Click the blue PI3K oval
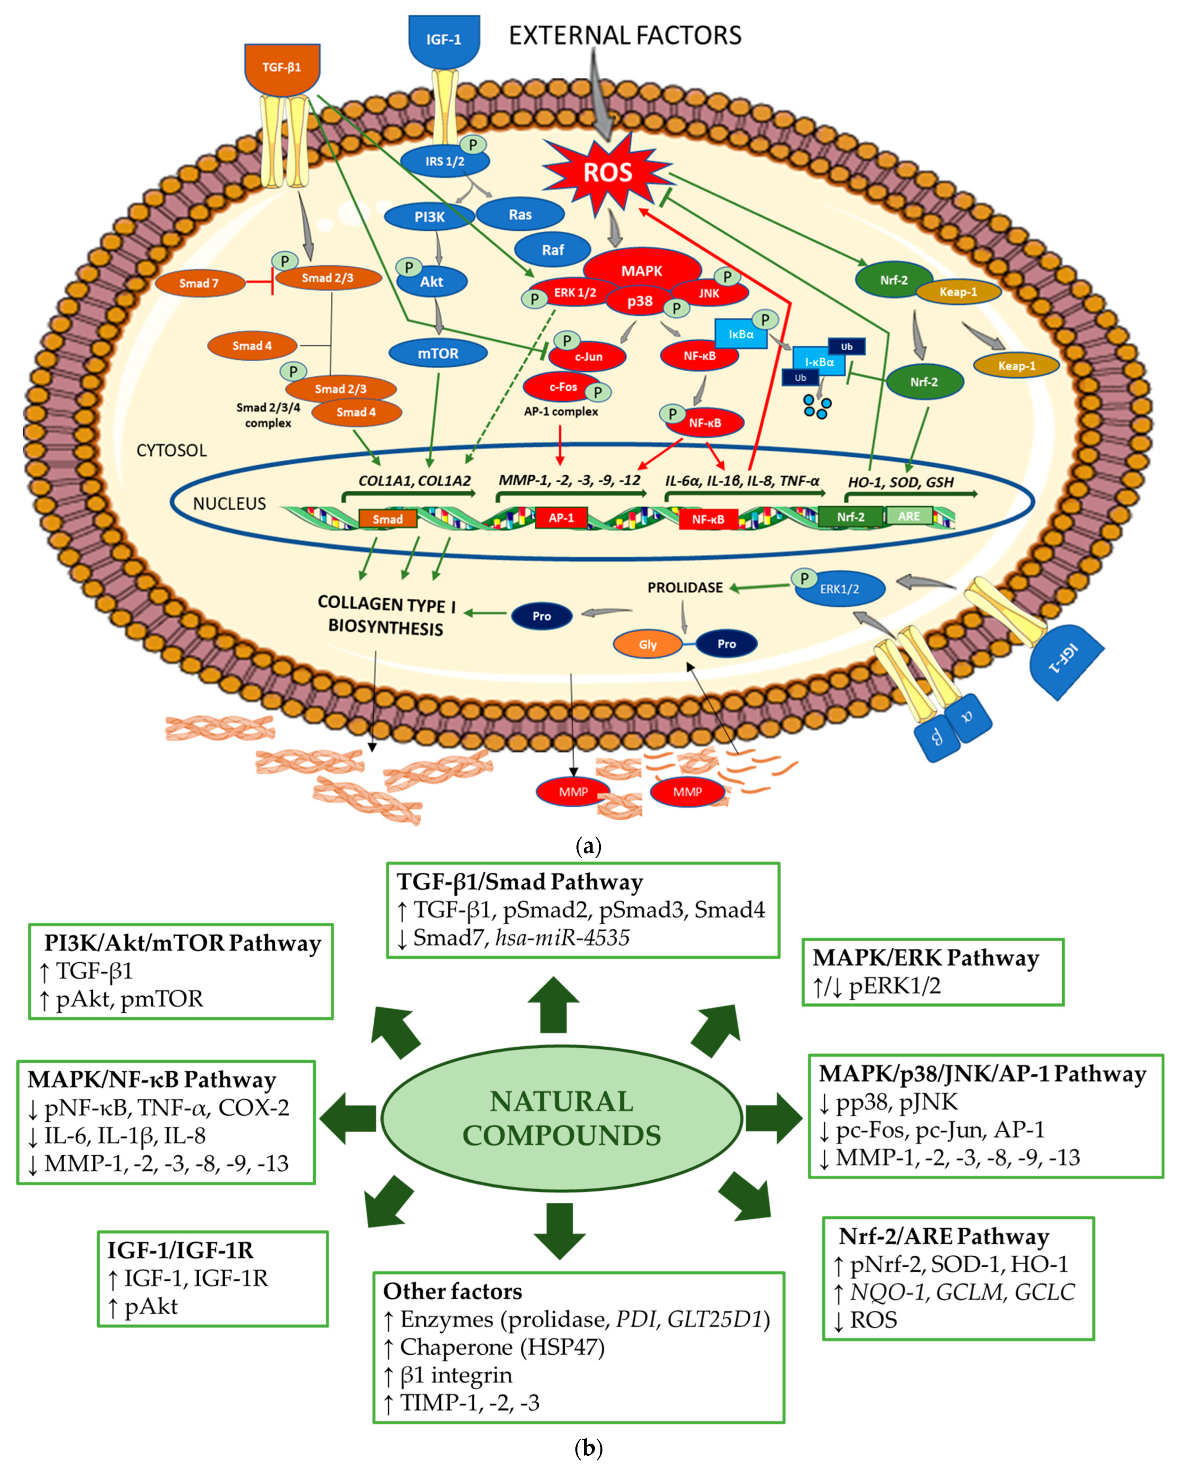[429, 217]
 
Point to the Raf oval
[552, 250]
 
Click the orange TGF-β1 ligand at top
[282, 68]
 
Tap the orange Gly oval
[648, 644]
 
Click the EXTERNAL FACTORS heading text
[625, 35]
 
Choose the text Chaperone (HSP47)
[502, 1347]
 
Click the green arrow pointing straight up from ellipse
[553, 1005]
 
